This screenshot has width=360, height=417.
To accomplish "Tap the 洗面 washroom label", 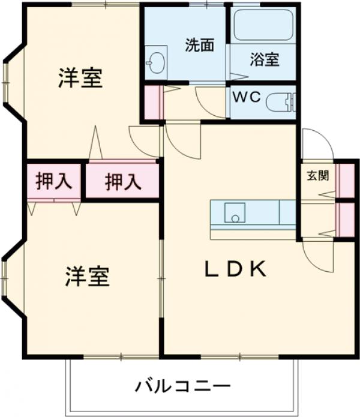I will point(199,45).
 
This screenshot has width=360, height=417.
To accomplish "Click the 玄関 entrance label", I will point(318,176).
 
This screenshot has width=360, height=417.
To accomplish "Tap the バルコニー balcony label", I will point(182,385).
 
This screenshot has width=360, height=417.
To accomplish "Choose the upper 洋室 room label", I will point(80,79).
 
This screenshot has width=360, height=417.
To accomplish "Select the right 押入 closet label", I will point(123,181).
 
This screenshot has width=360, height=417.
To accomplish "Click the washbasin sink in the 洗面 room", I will point(156,62).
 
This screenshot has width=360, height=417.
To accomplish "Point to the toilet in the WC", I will point(280,103).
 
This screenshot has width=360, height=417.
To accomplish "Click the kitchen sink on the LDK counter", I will point(235,213).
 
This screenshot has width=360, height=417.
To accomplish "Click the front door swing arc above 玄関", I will point(312,144).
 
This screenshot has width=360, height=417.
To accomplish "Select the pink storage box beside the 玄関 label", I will point(346,179).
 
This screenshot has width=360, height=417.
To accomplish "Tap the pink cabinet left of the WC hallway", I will point(154,102).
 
